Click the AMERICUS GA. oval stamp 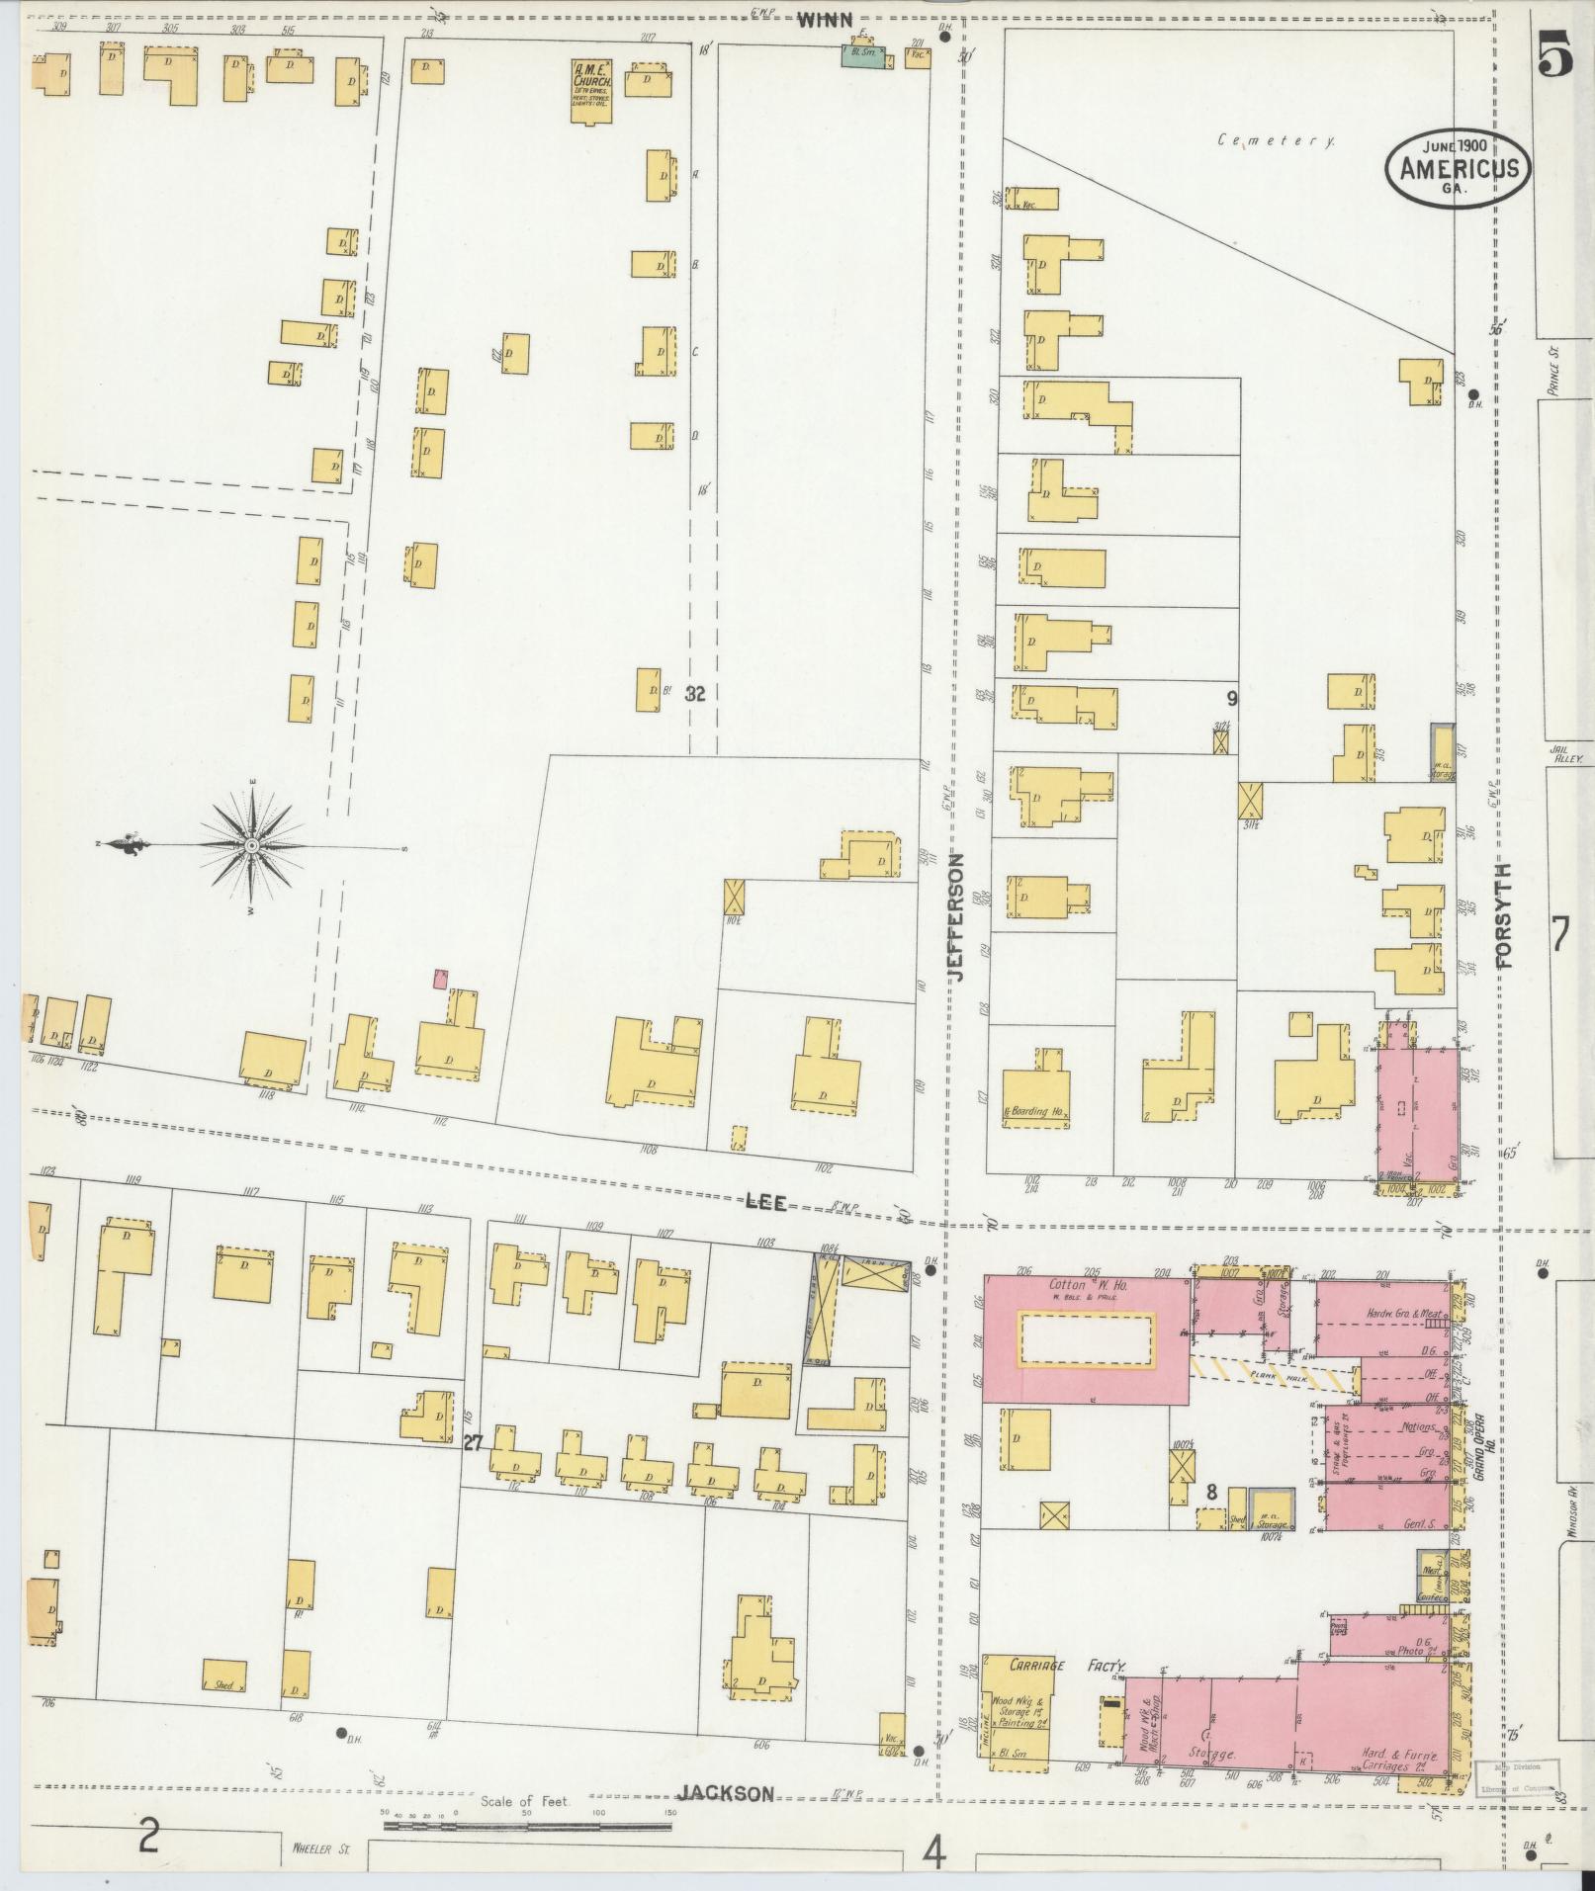tap(1459, 167)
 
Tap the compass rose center tap(252, 847)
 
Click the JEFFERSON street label tap(955, 916)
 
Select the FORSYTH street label tap(1505, 914)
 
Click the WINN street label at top tap(825, 18)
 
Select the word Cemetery tap(1277, 141)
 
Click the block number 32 tap(695, 694)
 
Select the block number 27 tap(473, 1443)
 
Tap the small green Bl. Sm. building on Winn tap(861, 56)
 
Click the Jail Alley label tap(1567, 758)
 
